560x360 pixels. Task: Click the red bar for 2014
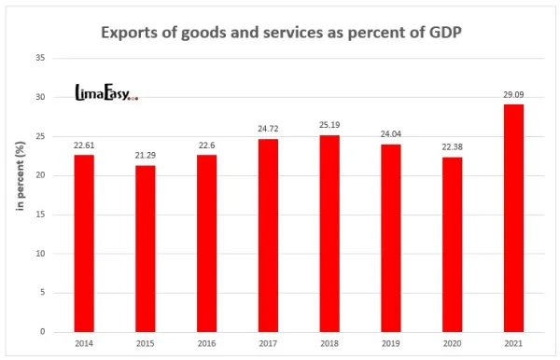pos(84,243)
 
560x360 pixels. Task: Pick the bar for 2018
pos(329,233)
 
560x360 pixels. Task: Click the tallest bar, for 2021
pos(512,218)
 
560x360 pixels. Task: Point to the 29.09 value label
pos(512,94)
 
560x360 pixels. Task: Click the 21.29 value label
pos(145,156)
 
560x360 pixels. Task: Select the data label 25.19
pos(329,125)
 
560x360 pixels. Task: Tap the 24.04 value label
pos(390,134)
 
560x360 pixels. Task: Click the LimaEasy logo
pos(105,92)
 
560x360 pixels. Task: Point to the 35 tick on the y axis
pos(39,58)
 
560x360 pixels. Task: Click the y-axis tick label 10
pos(39,254)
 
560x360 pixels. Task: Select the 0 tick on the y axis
pos(42,332)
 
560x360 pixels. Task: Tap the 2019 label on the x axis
pos(390,344)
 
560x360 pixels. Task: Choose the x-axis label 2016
pos(206,344)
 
